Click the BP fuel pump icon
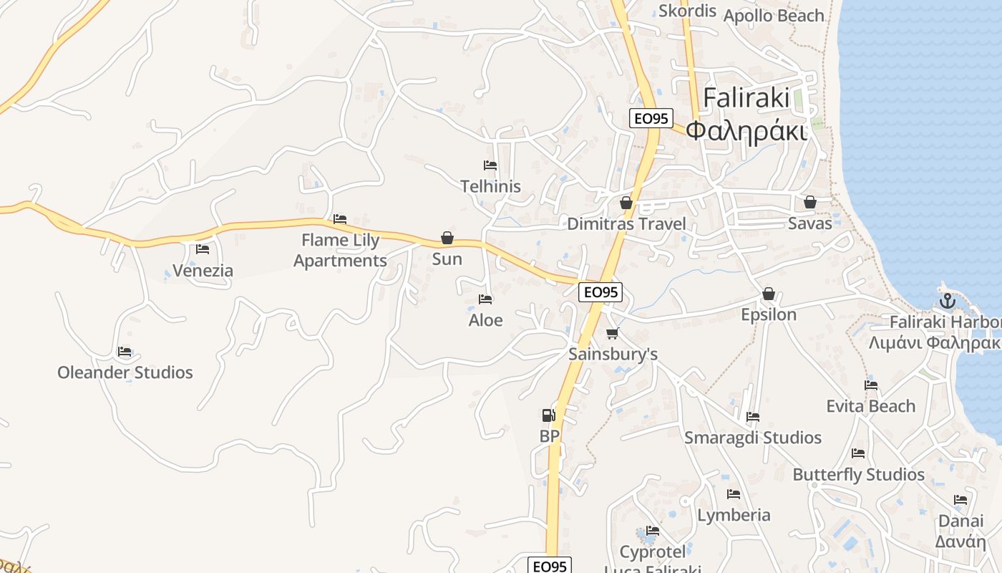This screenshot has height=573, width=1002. coord(548,415)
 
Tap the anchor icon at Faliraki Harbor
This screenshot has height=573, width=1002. coord(948,301)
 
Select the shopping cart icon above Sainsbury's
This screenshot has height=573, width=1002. coord(612,333)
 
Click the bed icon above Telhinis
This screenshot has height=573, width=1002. coord(490,165)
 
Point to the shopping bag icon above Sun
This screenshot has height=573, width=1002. coord(447,238)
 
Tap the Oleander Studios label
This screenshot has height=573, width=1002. coord(125,372)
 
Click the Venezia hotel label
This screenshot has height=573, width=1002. coord(203,271)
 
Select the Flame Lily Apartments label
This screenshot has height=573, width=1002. coord(340,250)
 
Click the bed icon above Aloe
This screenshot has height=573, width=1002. coord(485,299)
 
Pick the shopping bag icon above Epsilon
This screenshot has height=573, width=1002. coord(769,294)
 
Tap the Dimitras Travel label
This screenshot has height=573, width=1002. coord(626,223)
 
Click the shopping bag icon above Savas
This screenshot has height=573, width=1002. coord(810,203)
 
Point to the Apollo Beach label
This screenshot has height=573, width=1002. coord(774,16)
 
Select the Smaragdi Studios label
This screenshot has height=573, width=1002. coord(753,438)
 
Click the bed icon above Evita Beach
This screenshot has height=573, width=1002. coord(871,385)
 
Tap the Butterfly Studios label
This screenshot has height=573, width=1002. coord(859,475)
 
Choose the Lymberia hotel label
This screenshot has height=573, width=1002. coord(734,515)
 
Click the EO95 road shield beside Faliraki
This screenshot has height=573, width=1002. coord(651,118)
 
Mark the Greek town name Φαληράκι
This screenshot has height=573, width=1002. coord(746,131)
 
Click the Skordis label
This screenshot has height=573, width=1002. coord(687,11)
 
